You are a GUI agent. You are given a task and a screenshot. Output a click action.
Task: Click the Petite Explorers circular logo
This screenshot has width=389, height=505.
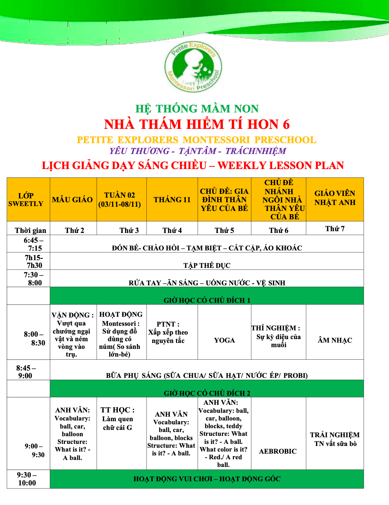coord(193,67)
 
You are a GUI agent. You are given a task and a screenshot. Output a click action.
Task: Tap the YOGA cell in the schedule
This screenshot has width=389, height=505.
coord(224,340)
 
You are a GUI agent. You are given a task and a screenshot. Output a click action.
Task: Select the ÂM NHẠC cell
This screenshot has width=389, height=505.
coord(335,340)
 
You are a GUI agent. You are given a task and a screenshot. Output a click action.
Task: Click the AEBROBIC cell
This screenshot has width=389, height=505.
coord(278,451)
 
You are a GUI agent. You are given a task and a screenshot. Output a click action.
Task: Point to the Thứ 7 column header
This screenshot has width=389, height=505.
coord(335,229)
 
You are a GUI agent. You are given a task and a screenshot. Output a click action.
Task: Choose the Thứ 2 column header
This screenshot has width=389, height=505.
coord(74,230)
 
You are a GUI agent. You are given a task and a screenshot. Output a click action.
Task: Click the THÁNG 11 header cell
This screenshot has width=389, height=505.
coord(172,200)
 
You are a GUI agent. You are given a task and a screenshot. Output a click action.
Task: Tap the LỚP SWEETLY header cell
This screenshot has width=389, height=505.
coord(26,200)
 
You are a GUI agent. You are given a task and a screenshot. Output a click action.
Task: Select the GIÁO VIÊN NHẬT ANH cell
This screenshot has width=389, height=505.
coord(335,198)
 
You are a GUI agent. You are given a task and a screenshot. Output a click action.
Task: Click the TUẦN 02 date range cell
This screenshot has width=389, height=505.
coord(120,200)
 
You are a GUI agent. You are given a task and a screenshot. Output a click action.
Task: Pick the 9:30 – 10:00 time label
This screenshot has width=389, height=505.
coord(27,479)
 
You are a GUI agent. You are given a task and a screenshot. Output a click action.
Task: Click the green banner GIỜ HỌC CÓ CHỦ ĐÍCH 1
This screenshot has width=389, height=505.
coord(207,300)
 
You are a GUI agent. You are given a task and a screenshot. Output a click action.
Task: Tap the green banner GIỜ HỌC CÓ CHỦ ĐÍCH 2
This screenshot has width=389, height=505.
coord(207,393)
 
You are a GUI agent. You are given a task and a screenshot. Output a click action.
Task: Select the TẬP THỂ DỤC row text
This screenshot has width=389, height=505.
coord(207,265)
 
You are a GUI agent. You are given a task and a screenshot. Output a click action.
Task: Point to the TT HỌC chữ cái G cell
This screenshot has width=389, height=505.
coord(118,419)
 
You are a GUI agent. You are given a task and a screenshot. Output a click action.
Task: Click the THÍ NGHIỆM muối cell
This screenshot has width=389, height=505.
coord(278,336)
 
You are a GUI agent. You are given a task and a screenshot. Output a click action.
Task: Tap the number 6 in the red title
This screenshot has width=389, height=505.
coord(286,124)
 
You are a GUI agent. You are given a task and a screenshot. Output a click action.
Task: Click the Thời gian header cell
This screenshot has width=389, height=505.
coord(30,230)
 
